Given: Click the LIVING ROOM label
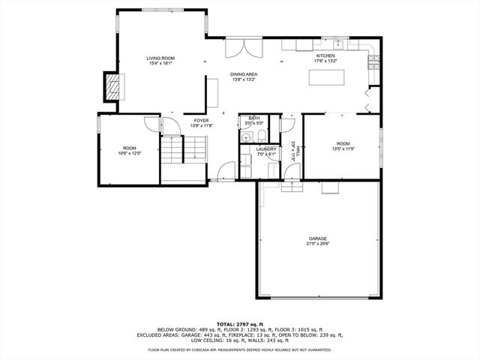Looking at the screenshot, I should [x=160, y=58].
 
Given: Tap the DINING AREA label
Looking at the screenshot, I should [x=244, y=74].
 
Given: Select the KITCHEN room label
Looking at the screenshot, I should [x=325, y=56].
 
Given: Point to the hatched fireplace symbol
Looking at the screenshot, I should [x=112, y=86].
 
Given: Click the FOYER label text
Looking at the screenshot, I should [x=201, y=120].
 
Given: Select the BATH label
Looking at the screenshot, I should [x=254, y=118].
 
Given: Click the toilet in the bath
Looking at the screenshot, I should [x=259, y=136].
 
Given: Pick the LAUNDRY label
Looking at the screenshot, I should [x=265, y=149].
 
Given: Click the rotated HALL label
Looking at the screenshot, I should [x=298, y=153].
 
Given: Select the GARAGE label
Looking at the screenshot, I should [x=317, y=238].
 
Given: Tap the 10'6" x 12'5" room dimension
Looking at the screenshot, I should [x=129, y=152].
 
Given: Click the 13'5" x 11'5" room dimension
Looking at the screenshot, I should [x=343, y=148].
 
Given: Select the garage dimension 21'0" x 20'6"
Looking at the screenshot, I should [x=317, y=244].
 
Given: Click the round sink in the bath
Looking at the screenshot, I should [x=246, y=136].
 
